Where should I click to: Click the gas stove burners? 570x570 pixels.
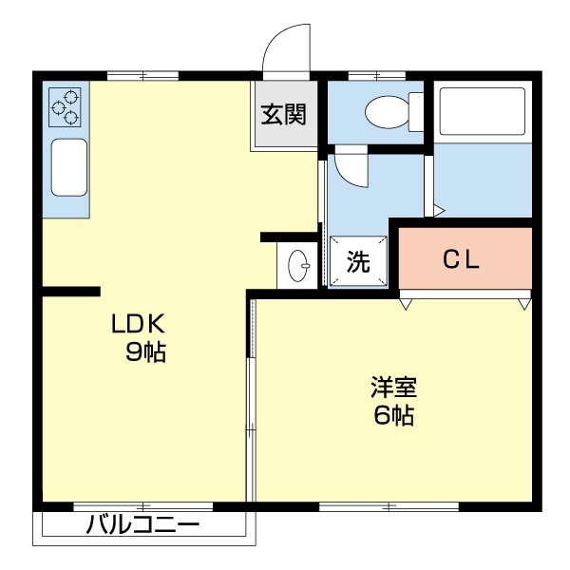point(66,105)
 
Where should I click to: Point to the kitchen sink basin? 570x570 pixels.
point(68,166)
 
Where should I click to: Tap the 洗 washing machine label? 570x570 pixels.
point(357,261)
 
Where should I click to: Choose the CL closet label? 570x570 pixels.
point(463,259)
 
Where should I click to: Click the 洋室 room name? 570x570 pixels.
point(393,388)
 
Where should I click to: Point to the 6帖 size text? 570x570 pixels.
point(393,415)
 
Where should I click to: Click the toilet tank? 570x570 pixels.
point(416,112)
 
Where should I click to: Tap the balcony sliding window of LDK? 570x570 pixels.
point(142,505)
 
